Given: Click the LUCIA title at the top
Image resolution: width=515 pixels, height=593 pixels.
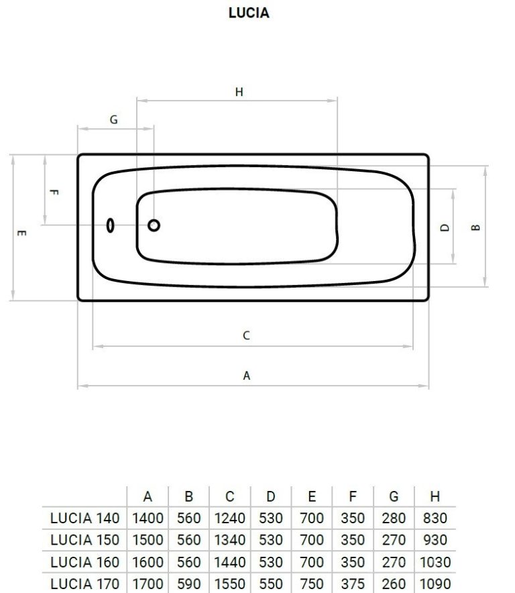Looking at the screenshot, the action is pos(249,13).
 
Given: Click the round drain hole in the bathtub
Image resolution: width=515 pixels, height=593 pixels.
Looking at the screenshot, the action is pos(154,225).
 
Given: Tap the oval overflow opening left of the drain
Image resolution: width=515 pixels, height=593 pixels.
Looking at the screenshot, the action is pos(110,225).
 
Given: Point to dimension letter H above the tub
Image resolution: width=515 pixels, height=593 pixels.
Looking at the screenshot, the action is pos(239,92).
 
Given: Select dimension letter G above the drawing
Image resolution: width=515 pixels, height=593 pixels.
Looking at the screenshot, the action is pos(113,119).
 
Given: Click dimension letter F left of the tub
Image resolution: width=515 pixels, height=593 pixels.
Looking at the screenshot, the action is pos(54,192).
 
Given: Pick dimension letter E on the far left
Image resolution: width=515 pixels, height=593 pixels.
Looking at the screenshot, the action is pos(22,233).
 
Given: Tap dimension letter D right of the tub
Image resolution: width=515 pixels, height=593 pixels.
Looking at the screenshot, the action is pos(445,227).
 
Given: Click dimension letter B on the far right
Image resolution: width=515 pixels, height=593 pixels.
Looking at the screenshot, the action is pos(476,227).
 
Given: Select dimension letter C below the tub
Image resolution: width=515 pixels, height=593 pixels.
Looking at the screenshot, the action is pos(246,335).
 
